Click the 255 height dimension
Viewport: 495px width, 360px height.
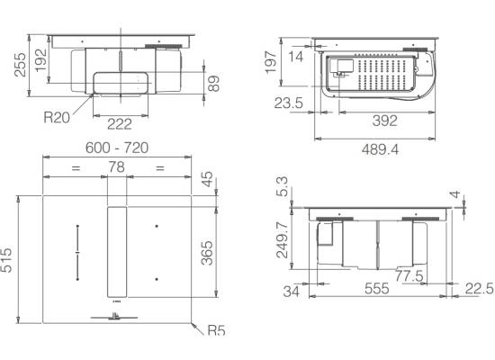20,65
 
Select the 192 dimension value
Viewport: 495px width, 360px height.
40,60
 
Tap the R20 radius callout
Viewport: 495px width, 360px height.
57,118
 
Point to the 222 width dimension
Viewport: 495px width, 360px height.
120,124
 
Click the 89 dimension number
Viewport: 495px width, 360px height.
213,84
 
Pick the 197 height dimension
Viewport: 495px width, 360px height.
271,62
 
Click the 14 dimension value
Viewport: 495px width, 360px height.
296,57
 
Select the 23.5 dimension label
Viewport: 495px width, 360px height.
289,103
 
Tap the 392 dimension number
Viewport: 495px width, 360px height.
384,121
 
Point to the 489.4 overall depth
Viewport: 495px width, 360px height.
380,149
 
